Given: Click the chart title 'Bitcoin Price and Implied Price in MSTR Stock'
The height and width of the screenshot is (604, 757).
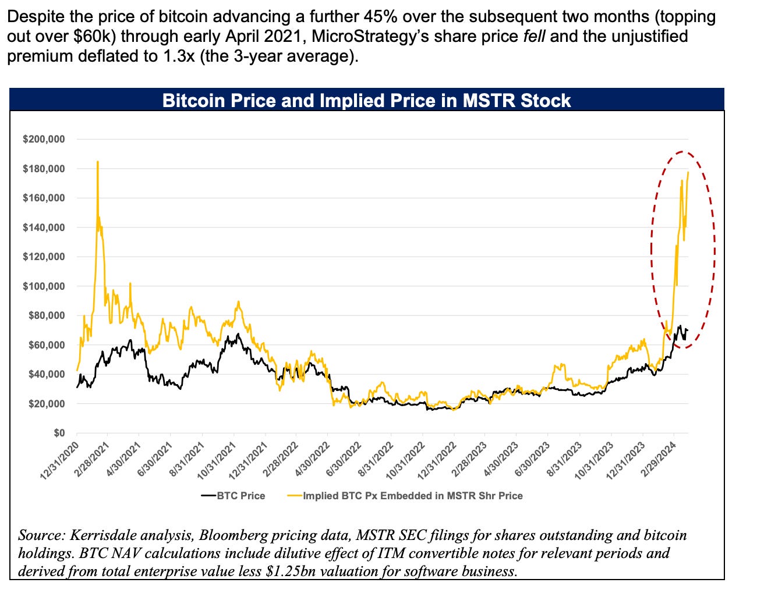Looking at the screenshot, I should [366, 100].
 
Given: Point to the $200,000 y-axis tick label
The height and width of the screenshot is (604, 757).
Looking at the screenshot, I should [44, 140].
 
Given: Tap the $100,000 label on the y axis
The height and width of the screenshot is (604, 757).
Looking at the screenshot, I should [44, 286].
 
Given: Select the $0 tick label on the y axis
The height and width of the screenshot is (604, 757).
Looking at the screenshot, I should [58, 433].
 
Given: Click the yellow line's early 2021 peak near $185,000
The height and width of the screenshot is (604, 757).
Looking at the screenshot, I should [97, 162].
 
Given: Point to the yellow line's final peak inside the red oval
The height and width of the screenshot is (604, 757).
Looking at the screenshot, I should [688, 172].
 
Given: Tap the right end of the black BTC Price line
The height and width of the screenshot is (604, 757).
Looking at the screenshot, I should [688, 330].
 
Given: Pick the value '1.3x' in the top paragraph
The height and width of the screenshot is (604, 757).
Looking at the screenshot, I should [167, 57].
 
